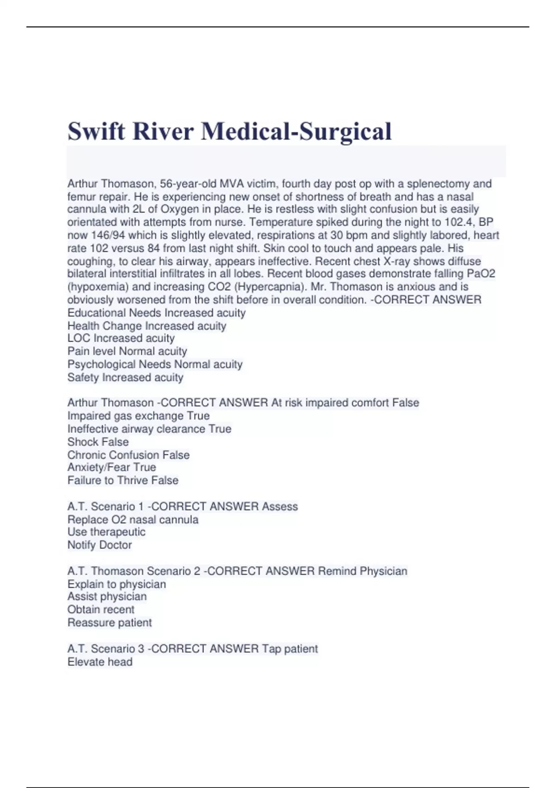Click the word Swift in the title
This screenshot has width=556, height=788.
coord(96,131)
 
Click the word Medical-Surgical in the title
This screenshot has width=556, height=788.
coord(296,131)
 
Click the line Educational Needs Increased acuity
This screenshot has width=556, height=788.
coord(156,313)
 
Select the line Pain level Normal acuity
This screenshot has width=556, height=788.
coord(127,351)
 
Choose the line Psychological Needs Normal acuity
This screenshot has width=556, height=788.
coord(155,364)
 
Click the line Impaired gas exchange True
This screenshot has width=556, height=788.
coord(138,416)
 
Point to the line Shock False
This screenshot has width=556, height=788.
coord(98,442)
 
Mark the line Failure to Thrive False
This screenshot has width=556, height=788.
coord(123,480)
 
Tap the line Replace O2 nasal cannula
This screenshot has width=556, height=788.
coord(133,520)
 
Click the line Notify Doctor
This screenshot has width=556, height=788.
coord(100,545)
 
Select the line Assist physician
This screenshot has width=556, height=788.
coord(107,597)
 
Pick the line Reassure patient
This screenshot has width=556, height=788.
coord(109,623)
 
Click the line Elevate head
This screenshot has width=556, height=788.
coord(100,662)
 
